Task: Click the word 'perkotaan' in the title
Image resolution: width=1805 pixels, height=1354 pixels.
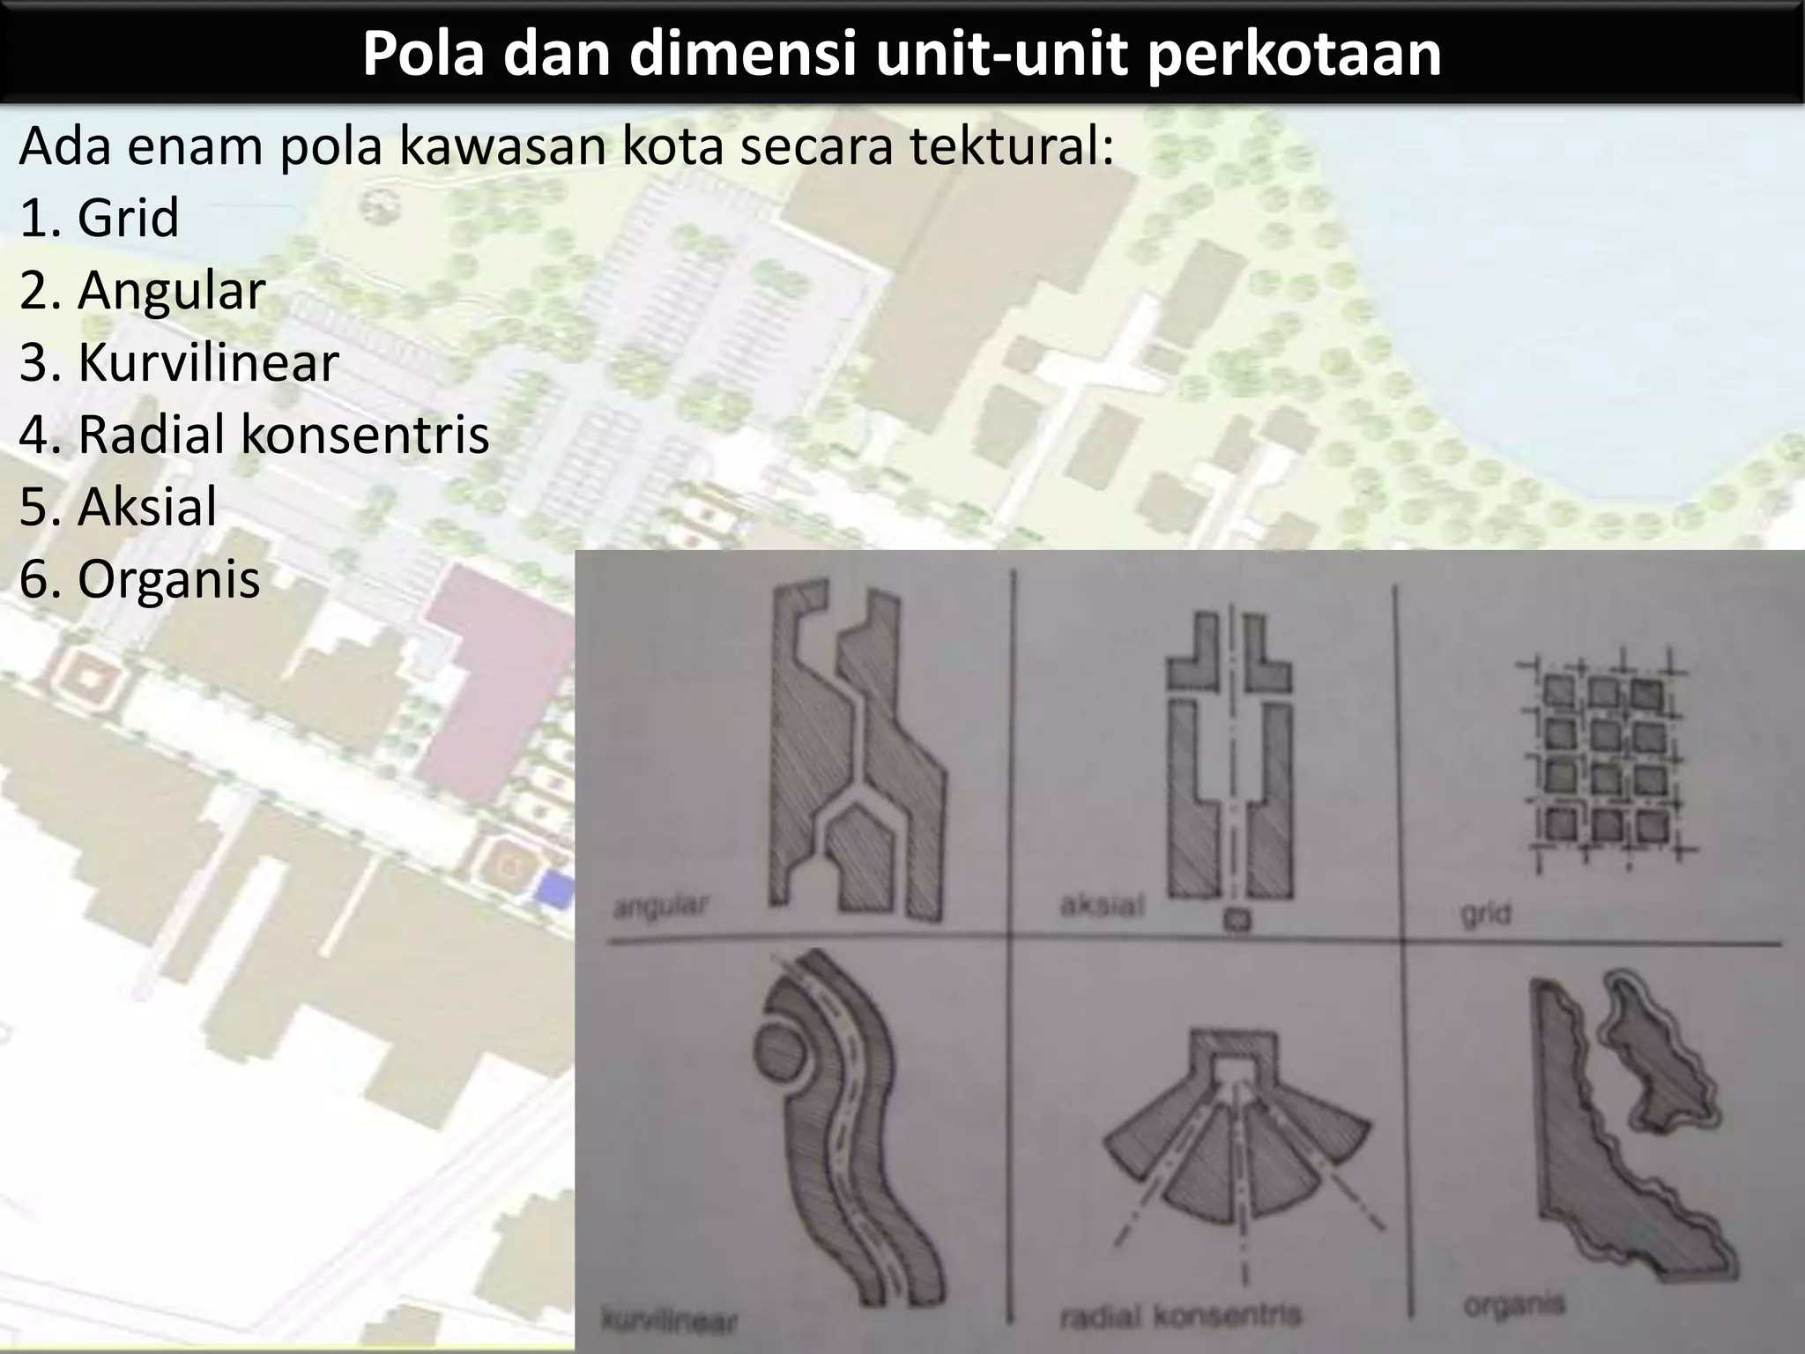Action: [1293, 55]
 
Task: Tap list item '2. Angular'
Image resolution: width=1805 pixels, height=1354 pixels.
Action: [142, 290]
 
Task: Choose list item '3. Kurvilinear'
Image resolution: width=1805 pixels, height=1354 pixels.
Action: [179, 362]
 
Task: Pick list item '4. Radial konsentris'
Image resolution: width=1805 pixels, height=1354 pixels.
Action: [254, 435]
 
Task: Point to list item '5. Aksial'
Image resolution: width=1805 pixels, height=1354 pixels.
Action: [118, 507]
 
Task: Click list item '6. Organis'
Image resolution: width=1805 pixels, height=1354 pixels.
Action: [139, 579]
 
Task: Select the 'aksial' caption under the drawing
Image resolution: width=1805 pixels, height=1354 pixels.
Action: [1101, 904]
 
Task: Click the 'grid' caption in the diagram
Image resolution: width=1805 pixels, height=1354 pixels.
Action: [1486, 914]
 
